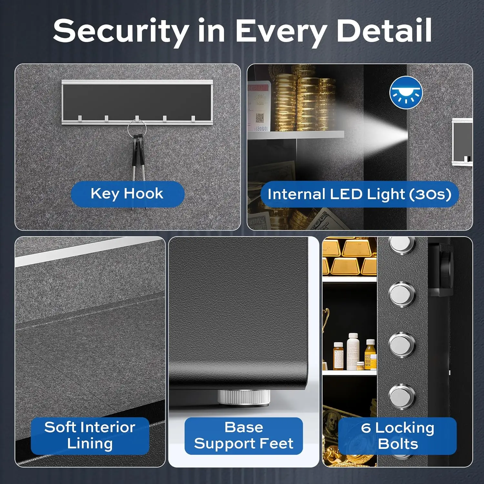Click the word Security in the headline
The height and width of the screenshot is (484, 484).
point(121,31)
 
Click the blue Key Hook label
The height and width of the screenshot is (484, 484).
point(127,194)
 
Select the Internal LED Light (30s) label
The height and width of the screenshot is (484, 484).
point(359,195)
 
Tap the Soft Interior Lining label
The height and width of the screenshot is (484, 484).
point(90,435)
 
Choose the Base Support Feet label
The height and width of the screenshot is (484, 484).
point(244,435)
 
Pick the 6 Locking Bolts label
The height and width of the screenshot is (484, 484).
point(398,436)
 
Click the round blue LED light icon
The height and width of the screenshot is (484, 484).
point(406,93)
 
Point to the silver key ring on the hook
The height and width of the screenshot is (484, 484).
point(137,128)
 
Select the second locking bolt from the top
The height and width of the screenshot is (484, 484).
point(402,294)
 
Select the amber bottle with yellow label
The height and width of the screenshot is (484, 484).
point(370,354)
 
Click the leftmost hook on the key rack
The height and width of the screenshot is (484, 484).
point(80,118)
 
